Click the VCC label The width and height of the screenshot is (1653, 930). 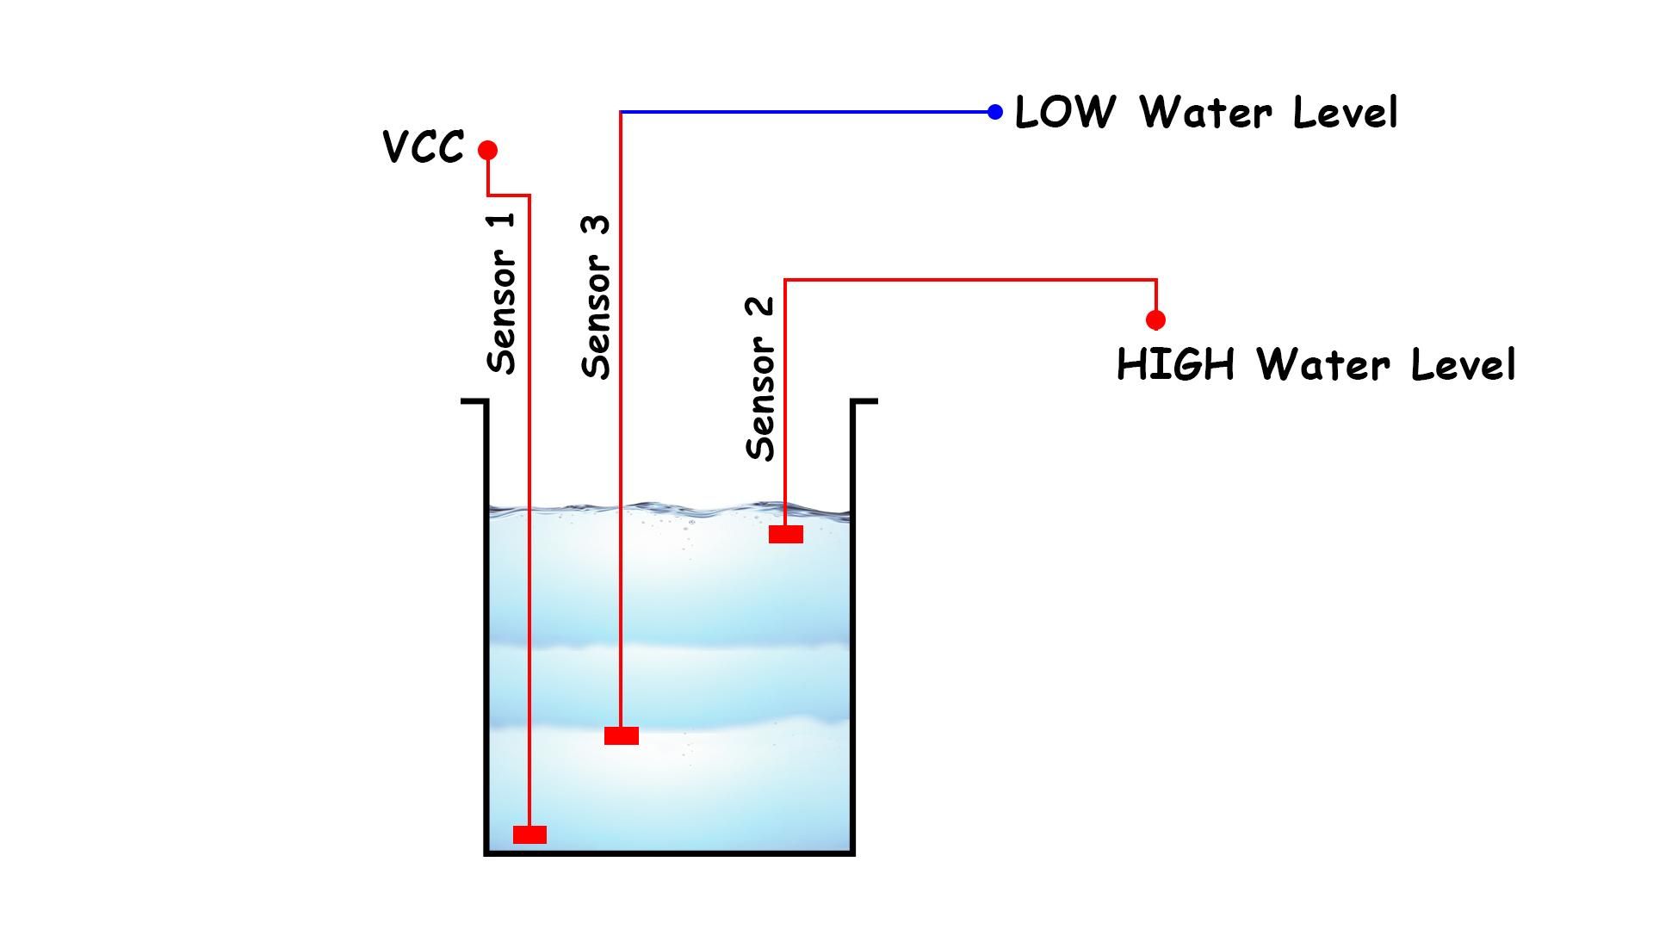tap(424, 147)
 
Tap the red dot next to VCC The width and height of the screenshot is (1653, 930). tap(488, 151)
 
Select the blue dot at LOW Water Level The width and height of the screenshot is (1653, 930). tap(995, 112)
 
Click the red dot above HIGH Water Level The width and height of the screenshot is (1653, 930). tap(1155, 320)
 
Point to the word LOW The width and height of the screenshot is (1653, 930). tap(1065, 113)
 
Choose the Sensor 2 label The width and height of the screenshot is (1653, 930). tap(761, 379)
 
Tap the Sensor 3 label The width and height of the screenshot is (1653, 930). tap(596, 297)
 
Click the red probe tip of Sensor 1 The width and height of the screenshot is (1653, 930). tap(529, 834)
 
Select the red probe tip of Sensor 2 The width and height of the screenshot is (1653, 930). tap(786, 535)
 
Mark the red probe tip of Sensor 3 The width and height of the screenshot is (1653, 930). tap(622, 735)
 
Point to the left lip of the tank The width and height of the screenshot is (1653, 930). tap(474, 400)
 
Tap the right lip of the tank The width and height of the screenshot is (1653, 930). tap(864, 400)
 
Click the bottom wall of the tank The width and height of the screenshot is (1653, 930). tap(670, 852)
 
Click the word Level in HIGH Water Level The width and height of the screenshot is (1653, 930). tap(1463, 364)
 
